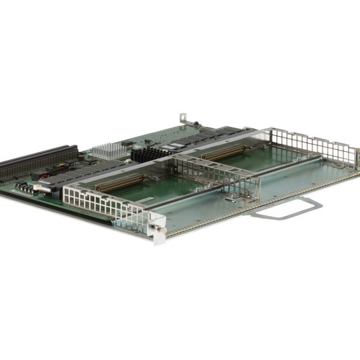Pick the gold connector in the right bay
(x=223, y=153)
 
